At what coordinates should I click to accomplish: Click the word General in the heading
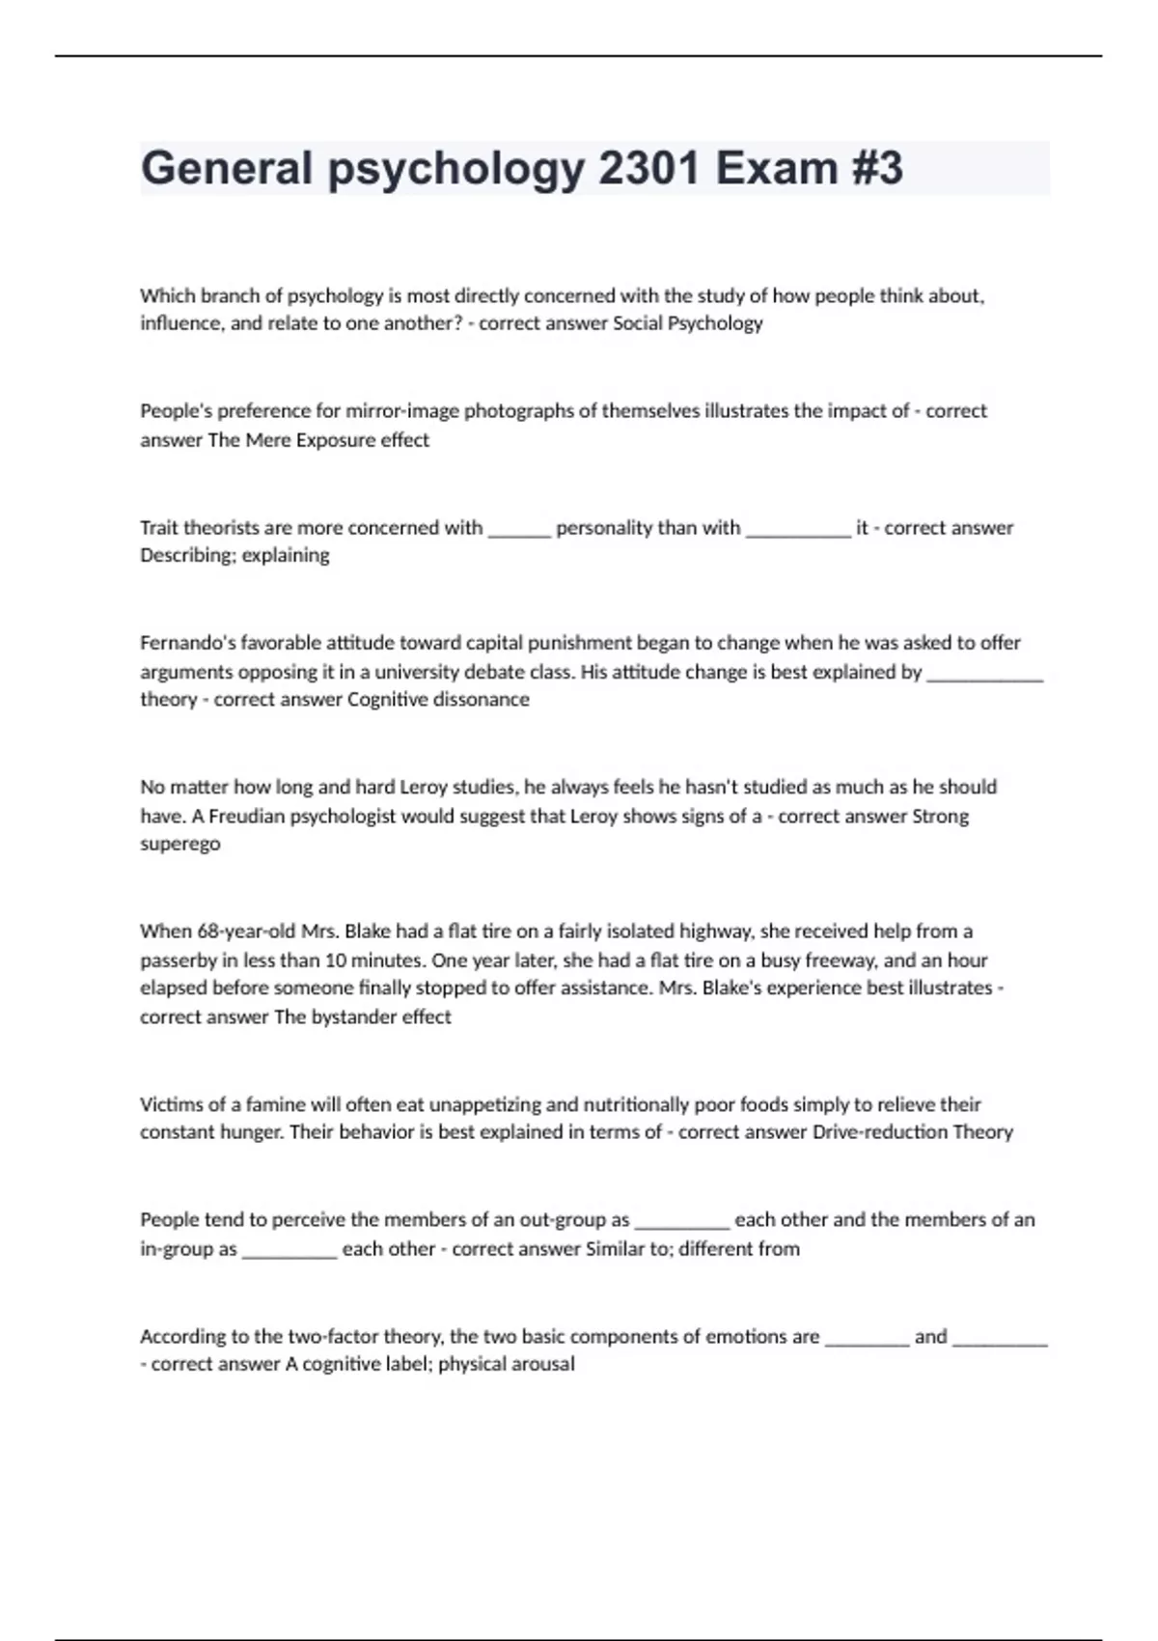pos(227,168)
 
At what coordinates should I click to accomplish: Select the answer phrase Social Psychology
pos(688,323)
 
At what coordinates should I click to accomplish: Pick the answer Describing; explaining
pos(234,556)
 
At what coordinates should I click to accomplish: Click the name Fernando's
pos(187,643)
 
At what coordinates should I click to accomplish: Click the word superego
pos(180,845)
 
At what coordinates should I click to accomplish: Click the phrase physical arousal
pos(507,1365)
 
